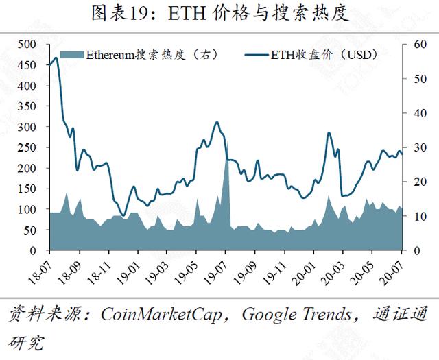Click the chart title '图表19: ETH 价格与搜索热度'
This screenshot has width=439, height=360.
coord(219,14)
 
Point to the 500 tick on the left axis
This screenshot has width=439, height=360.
coord(27,44)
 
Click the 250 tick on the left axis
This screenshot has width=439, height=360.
coord(27,147)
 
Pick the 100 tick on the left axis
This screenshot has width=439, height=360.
coord(27,210)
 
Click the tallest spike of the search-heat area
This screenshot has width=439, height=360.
coord(227,141)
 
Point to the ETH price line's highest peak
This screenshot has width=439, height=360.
coord(56,58)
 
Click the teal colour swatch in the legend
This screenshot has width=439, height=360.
coord(72,55)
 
